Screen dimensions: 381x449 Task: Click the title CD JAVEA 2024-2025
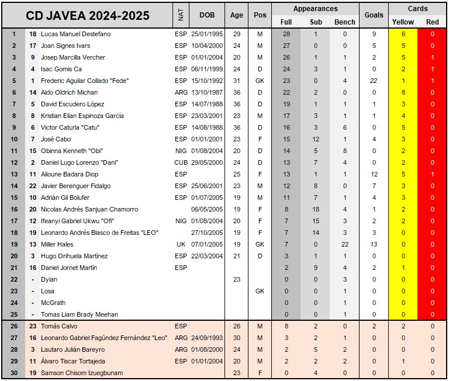pyautogui.click(x=88, y=15)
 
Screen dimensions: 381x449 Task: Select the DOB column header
pyautogui.click(x=207, y=15)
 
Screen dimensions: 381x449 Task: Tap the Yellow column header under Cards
pyautogui.click(x=403, y=22)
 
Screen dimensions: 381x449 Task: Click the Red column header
pyautogui.click(x=433, y=22)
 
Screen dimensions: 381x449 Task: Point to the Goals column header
pyautogui.click(x=374, y=15)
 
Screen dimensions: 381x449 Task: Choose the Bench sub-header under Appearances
pyautogui.click(x=344, y=22)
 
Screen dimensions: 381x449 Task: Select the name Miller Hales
pyautogui.click(x=57, y=244)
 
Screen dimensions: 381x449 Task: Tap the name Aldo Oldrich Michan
pyautogui.click(x=70, y=92)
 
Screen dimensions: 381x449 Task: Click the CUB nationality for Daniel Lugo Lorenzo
pyautogui.click(x=181, y=162)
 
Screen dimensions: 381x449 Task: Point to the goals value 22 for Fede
pyautogui.click(x=374, y=81)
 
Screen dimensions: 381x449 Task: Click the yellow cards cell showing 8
pyautogui.click(x=403, y=92)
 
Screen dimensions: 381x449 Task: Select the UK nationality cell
pyautogui.click(x=181, y=244)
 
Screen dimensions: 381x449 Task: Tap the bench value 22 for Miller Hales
pyautogui.click(x=344, y=244)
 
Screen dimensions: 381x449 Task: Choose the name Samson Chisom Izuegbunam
pyautogui.click(x=82, y=373)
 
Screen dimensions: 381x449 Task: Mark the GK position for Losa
pyautogui.click(x=260, y=291)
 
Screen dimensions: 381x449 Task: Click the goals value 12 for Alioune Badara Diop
pyautogui.click(x=374, y=174)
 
